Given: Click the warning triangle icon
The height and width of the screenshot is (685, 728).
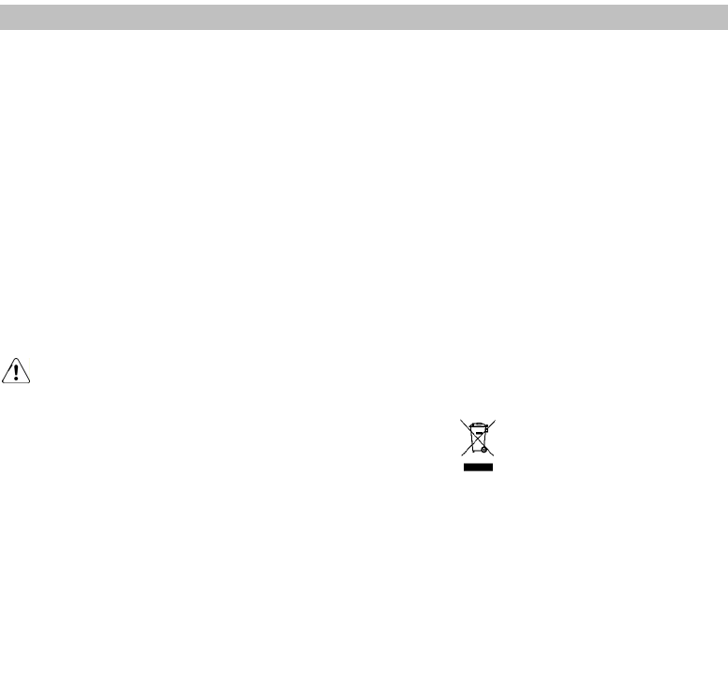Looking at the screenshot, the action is [17, 370].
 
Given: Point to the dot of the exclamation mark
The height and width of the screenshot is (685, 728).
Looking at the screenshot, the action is [17, 379].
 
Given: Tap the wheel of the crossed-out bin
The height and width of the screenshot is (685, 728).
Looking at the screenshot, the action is [484, 450].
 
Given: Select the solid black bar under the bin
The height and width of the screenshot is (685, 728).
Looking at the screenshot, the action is [478, 466].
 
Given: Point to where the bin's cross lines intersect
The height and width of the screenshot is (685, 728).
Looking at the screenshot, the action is [478, 438].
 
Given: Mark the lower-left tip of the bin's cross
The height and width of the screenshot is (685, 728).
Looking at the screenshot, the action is [462, 456].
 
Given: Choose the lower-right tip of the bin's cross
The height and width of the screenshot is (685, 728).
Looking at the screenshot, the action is [494, 456].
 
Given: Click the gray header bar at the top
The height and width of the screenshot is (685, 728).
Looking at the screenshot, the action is [364, 16].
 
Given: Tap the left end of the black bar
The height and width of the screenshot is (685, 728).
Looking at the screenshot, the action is [465, 466].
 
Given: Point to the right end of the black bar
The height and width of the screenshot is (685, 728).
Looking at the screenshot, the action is [491, 466].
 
